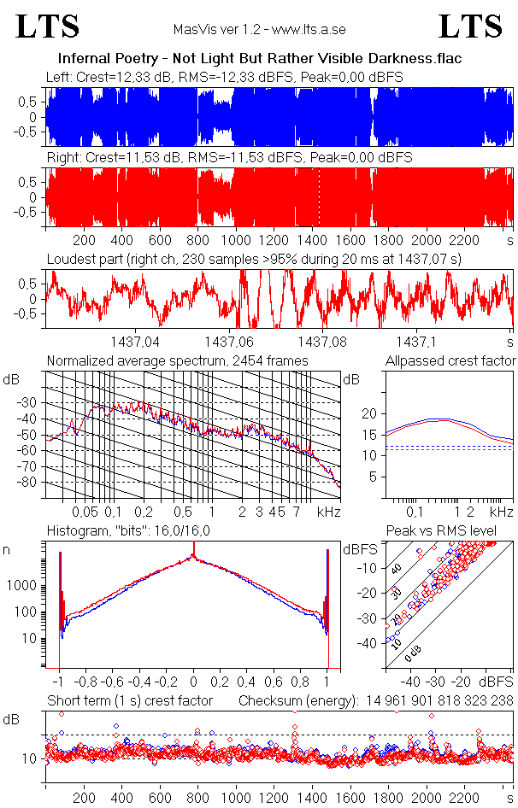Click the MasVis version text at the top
259,30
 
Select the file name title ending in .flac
259,59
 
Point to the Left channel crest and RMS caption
225,77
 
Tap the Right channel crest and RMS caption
229,158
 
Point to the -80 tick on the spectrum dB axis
32,483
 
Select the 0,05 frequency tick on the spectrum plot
85,512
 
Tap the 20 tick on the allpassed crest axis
369,413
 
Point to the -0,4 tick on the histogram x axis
140,682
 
